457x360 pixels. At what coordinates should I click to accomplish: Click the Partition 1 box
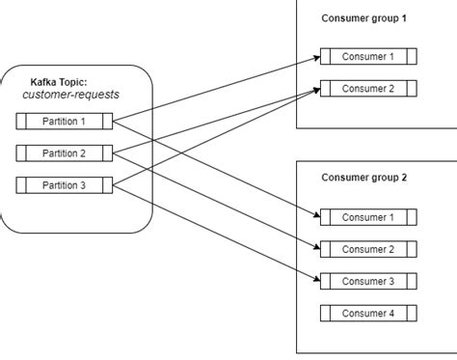click(66, 122)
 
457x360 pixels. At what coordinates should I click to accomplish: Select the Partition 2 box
click(66, 152)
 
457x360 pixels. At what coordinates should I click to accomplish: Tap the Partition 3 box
click(66, 184)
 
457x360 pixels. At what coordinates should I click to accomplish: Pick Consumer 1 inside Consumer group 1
click(366, 57)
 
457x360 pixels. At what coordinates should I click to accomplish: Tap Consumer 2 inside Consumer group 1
click(366, 89)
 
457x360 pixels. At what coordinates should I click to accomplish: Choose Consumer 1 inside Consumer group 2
click(366, 217)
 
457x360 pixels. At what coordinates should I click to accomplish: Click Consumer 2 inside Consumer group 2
click(366, 249)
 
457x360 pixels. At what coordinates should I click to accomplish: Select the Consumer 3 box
click(366, 281)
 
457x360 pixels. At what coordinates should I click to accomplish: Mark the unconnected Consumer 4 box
click(366, 313)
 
